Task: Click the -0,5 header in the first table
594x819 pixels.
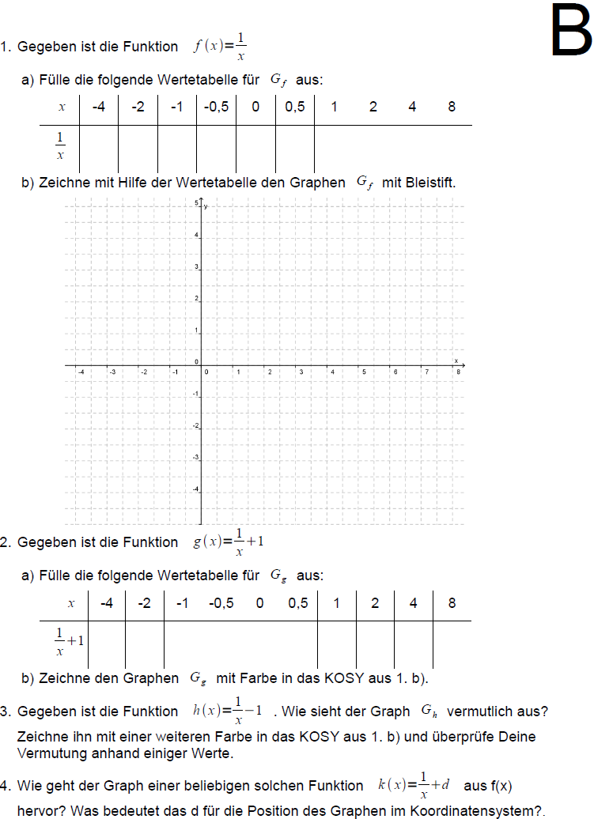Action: (216, 107)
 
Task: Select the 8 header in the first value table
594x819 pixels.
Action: (452, 107)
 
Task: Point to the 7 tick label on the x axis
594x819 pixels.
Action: (426, 372)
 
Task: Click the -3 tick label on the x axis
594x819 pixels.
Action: (112, 372)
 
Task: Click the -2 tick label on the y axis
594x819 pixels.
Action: (196, 427)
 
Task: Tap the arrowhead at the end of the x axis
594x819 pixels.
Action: (463, 366)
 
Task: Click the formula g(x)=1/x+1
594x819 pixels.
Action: (229, 542)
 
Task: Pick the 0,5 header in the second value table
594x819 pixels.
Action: (298, 603)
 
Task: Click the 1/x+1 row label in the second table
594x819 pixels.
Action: (68, 641)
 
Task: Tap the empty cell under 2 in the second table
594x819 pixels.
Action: (375, 641)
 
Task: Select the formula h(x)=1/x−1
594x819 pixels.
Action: (228, 711)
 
